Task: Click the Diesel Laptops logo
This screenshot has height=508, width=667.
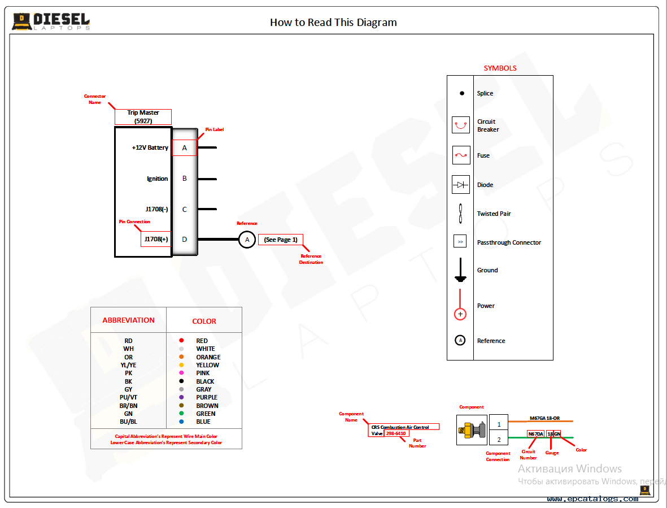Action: [x=51, y=21]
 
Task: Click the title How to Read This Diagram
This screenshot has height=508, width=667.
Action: [x=333, y=23]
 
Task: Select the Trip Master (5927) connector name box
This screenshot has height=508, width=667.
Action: [x=143, y=116]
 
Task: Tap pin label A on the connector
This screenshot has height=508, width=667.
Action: [x=184, y=148]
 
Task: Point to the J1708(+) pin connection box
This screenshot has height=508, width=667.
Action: [x=156, y=239]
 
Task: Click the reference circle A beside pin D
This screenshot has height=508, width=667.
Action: [x=246, y=240]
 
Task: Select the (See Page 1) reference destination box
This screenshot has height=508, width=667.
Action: [x=281, y=240]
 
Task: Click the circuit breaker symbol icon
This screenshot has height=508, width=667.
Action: [x=461, y=125]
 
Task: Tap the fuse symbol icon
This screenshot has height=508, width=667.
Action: [x=461, y=155]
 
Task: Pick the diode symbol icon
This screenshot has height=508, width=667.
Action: [x=461, y=185]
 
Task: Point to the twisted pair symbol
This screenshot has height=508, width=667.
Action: [x=461, y=214]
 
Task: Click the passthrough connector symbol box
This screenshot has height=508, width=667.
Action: [x=460, y=242]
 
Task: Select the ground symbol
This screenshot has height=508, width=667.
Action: [x=461, y=271]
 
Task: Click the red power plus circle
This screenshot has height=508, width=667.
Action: [x=460, y=314]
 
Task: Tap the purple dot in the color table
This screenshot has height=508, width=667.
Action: [x=181, y=397]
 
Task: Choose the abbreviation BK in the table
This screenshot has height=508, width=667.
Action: [x=129, y=381]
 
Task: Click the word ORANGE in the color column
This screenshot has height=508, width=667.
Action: [x=208, y=357]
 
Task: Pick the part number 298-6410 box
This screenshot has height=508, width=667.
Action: [x=396, y=433]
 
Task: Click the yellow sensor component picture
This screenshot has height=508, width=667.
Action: [x=472, y=430]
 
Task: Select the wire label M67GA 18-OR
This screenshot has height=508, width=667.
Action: [x=544, y=418]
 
